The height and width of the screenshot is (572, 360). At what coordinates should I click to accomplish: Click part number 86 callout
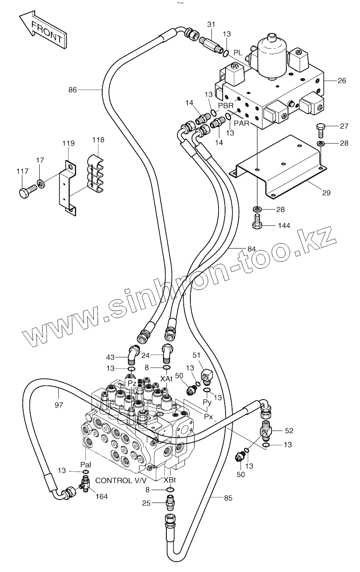coord(73,89)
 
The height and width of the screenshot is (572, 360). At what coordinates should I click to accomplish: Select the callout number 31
coord(211,25)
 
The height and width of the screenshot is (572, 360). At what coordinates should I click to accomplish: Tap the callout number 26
coord(341,81)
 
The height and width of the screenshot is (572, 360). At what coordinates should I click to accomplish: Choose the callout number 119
coord(68,144)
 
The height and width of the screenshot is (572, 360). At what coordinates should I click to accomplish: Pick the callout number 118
coord(98,140)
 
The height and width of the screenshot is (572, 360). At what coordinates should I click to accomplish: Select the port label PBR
coord(226,105)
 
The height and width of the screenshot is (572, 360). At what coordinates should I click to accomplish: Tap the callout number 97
coord(59,404)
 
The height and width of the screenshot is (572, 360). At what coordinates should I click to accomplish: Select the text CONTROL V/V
coord(120,480)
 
